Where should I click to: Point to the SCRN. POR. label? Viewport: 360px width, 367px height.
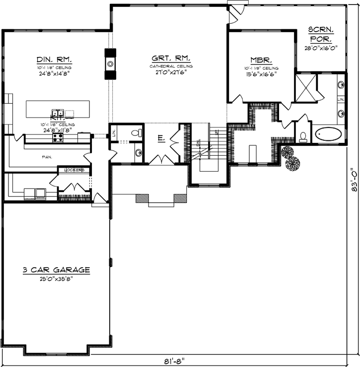pos(321,34)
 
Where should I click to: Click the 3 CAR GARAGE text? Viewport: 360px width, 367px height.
pos(56,270)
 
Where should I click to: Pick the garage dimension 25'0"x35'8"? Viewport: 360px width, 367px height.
pos(56,278)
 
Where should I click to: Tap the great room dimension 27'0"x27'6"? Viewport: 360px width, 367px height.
pos(171,72)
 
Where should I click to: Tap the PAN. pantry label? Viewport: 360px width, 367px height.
pos(48,157)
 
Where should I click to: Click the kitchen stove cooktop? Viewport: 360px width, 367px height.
pos(58,137)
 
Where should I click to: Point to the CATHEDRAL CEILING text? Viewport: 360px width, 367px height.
pos(171,66)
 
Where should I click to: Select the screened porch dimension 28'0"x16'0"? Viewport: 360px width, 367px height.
pos(321,49)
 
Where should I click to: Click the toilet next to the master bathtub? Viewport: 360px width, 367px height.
pos(303,136)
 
